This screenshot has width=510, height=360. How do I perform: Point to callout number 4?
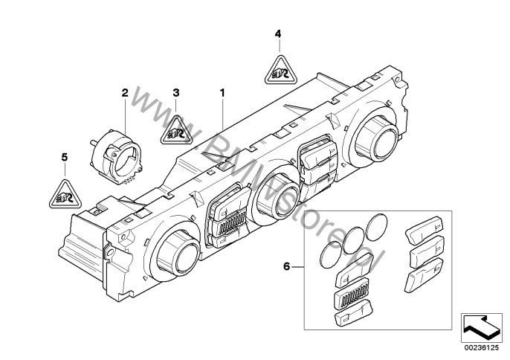(x=277, y=34)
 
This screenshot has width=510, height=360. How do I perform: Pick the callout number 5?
(x=64, y=157)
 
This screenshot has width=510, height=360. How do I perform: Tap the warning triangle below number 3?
(x=177, y=130)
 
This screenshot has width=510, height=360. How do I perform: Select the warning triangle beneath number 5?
(x=62, y=194)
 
